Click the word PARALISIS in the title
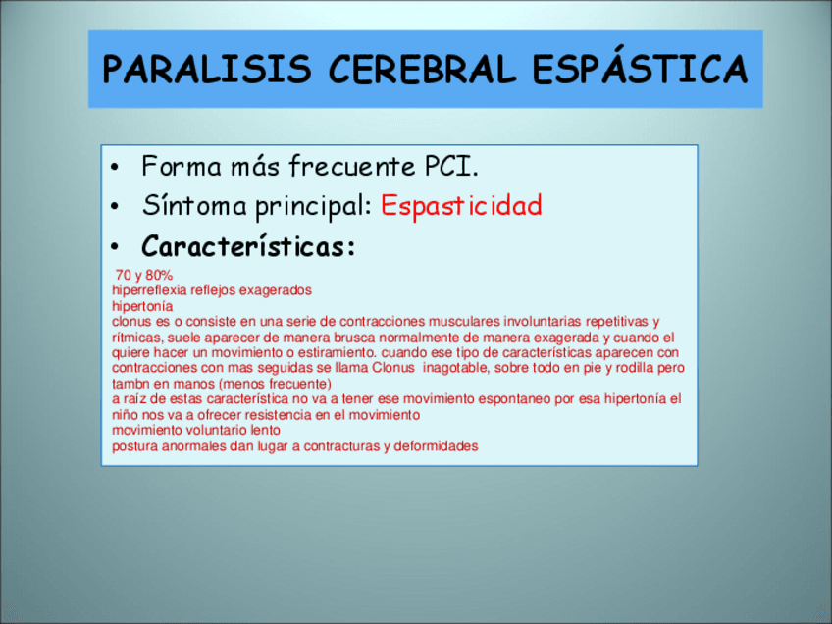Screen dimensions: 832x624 point(206,69)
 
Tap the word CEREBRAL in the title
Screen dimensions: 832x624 point(422,69)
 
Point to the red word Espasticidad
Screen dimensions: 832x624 point(461,205)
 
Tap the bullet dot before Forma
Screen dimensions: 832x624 point(115,168)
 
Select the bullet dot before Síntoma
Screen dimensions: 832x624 point(115,207)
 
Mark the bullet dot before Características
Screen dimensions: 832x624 point(115,247)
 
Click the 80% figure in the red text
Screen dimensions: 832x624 point(159,275)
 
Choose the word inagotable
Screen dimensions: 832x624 point(454,368)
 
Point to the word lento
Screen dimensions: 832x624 point(265,430)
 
